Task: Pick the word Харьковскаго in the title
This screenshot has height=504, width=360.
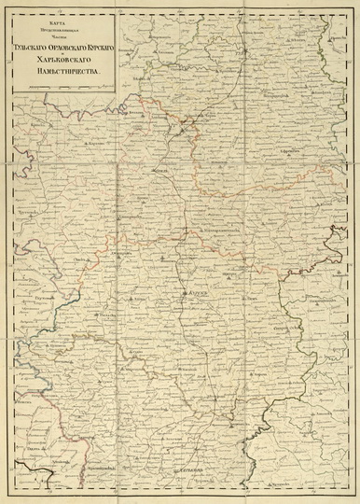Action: point(62,56)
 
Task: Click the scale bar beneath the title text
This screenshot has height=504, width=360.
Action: point(61,87)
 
